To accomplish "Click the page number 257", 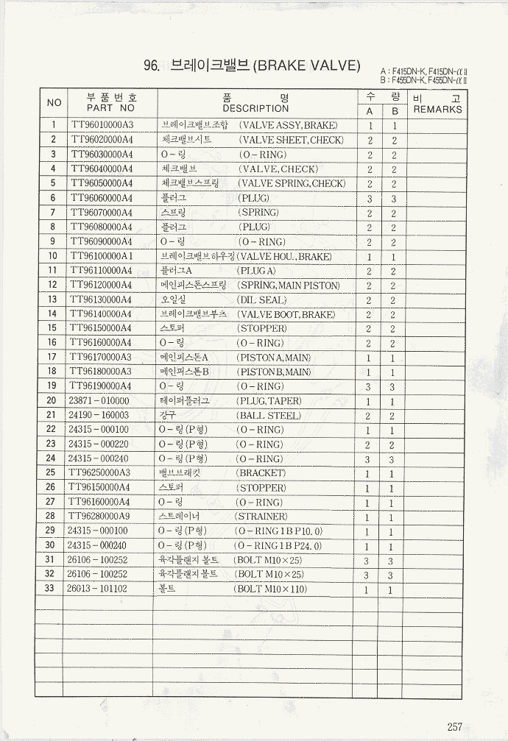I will (x=454, y=726).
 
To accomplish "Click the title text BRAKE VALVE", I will (x=306, y=66).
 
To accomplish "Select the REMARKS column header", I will (x=437, y=110).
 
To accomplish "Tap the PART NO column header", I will (x=111, y=107).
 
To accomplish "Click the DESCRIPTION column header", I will (x=255, y=107).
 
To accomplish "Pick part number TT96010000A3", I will (x=101, y=125).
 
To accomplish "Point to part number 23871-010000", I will (x=98, y=401).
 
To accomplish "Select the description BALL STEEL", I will (x=269, y=416).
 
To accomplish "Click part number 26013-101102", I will (x=97, y=589).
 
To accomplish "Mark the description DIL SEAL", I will (x=261, y=299).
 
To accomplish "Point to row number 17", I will (x=52, y=358).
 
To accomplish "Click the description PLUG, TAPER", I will (x=269, y=401).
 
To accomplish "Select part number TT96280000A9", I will (x=100, y=517).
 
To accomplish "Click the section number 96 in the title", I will (x=152, y=66).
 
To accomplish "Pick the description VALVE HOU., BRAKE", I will (x=284, y=257).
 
